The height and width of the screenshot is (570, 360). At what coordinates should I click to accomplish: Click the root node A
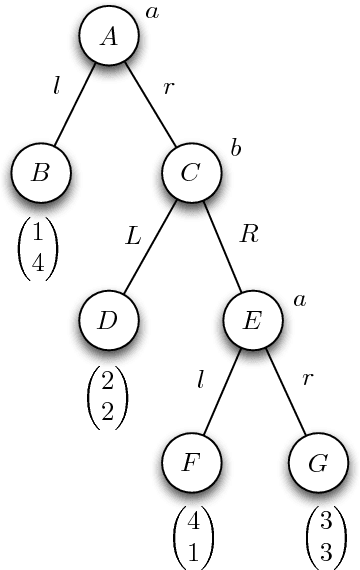click(x=110, y=37)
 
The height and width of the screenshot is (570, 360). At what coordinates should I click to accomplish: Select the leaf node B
click(x=41, y=173)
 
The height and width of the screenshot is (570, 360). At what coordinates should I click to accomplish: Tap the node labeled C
click(x=192, y=173)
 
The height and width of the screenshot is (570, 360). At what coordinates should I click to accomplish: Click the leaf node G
click(x=318, y=466)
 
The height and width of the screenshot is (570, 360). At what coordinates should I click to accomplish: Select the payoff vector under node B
click(x=38, y=246)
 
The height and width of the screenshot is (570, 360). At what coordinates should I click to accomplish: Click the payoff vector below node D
click(x=107, y=397)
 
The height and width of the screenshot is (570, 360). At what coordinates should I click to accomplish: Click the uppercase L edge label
click(x=133, y=236)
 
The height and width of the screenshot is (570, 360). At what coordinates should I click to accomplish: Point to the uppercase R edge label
click(x=250, y=236)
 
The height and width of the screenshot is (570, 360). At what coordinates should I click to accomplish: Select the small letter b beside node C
click(x=236, y=149)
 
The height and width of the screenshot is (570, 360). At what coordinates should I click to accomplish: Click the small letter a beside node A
click(x=152, y=12)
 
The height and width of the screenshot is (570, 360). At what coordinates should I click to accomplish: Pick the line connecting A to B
click(x=75, y=105)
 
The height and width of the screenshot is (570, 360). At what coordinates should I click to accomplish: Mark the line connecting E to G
click(x=285, y=393)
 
